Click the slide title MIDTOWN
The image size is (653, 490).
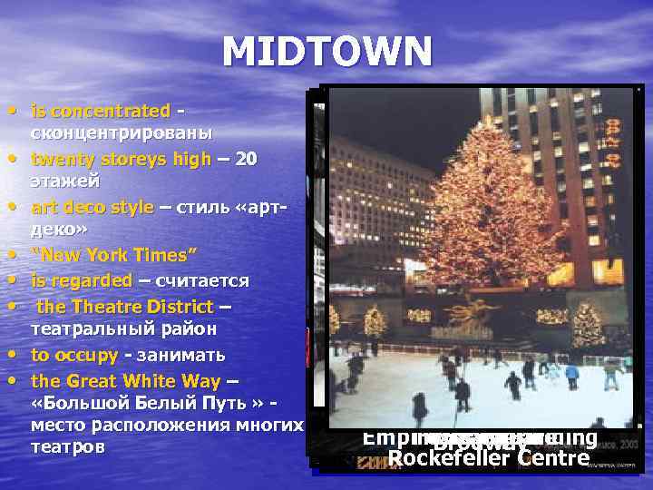[x=326, y=53]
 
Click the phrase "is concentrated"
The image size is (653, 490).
[x=101, y=112]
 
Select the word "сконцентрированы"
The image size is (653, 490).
[x=122, y=133]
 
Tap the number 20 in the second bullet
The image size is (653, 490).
[x=246, y=159]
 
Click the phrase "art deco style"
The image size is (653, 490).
[x=93, y=207]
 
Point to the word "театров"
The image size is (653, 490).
[x=67, y=447]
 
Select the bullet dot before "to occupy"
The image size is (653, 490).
[x=19, y=354]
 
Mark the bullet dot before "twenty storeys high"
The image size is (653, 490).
[x=19, y=159]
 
